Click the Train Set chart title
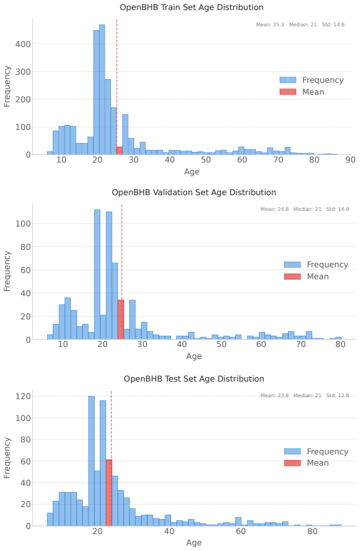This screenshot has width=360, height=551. tap(191, 8)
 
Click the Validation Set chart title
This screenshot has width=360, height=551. tap(194, 193)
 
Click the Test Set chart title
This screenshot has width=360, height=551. tap(194, 379)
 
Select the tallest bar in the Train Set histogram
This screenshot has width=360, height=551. tap(102, 90)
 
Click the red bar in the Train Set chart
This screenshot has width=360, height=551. tap(119, 151)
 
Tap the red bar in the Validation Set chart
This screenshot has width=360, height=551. tap(121, 320)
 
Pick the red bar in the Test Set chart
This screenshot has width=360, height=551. tap(109, 493)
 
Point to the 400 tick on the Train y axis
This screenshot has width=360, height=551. tap(23, 45)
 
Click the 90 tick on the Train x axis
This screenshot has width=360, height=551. tap(350, 160)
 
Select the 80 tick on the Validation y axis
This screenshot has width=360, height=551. tap(26, 247)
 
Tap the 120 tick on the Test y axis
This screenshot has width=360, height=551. tap(23, 397)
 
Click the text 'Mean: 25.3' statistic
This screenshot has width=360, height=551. tap(270, 24)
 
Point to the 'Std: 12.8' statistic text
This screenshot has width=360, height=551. tap(337, 395)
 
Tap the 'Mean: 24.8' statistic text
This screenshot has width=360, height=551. tap(274, 209)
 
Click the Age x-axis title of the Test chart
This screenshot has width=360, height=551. tap(194, 543)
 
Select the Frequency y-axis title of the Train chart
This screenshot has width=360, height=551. tap(7, 87)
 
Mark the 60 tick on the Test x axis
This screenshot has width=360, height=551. tap(241, 532)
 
